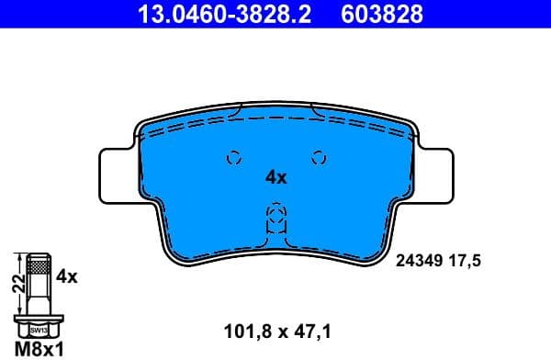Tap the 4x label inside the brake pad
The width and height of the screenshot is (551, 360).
point(275,178)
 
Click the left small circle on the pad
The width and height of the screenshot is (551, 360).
point(232,156)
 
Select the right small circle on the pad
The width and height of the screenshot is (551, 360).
point(319,156)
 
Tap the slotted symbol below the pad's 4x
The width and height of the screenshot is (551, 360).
point(275,219)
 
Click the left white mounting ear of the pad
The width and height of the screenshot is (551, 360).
point(115,174)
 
